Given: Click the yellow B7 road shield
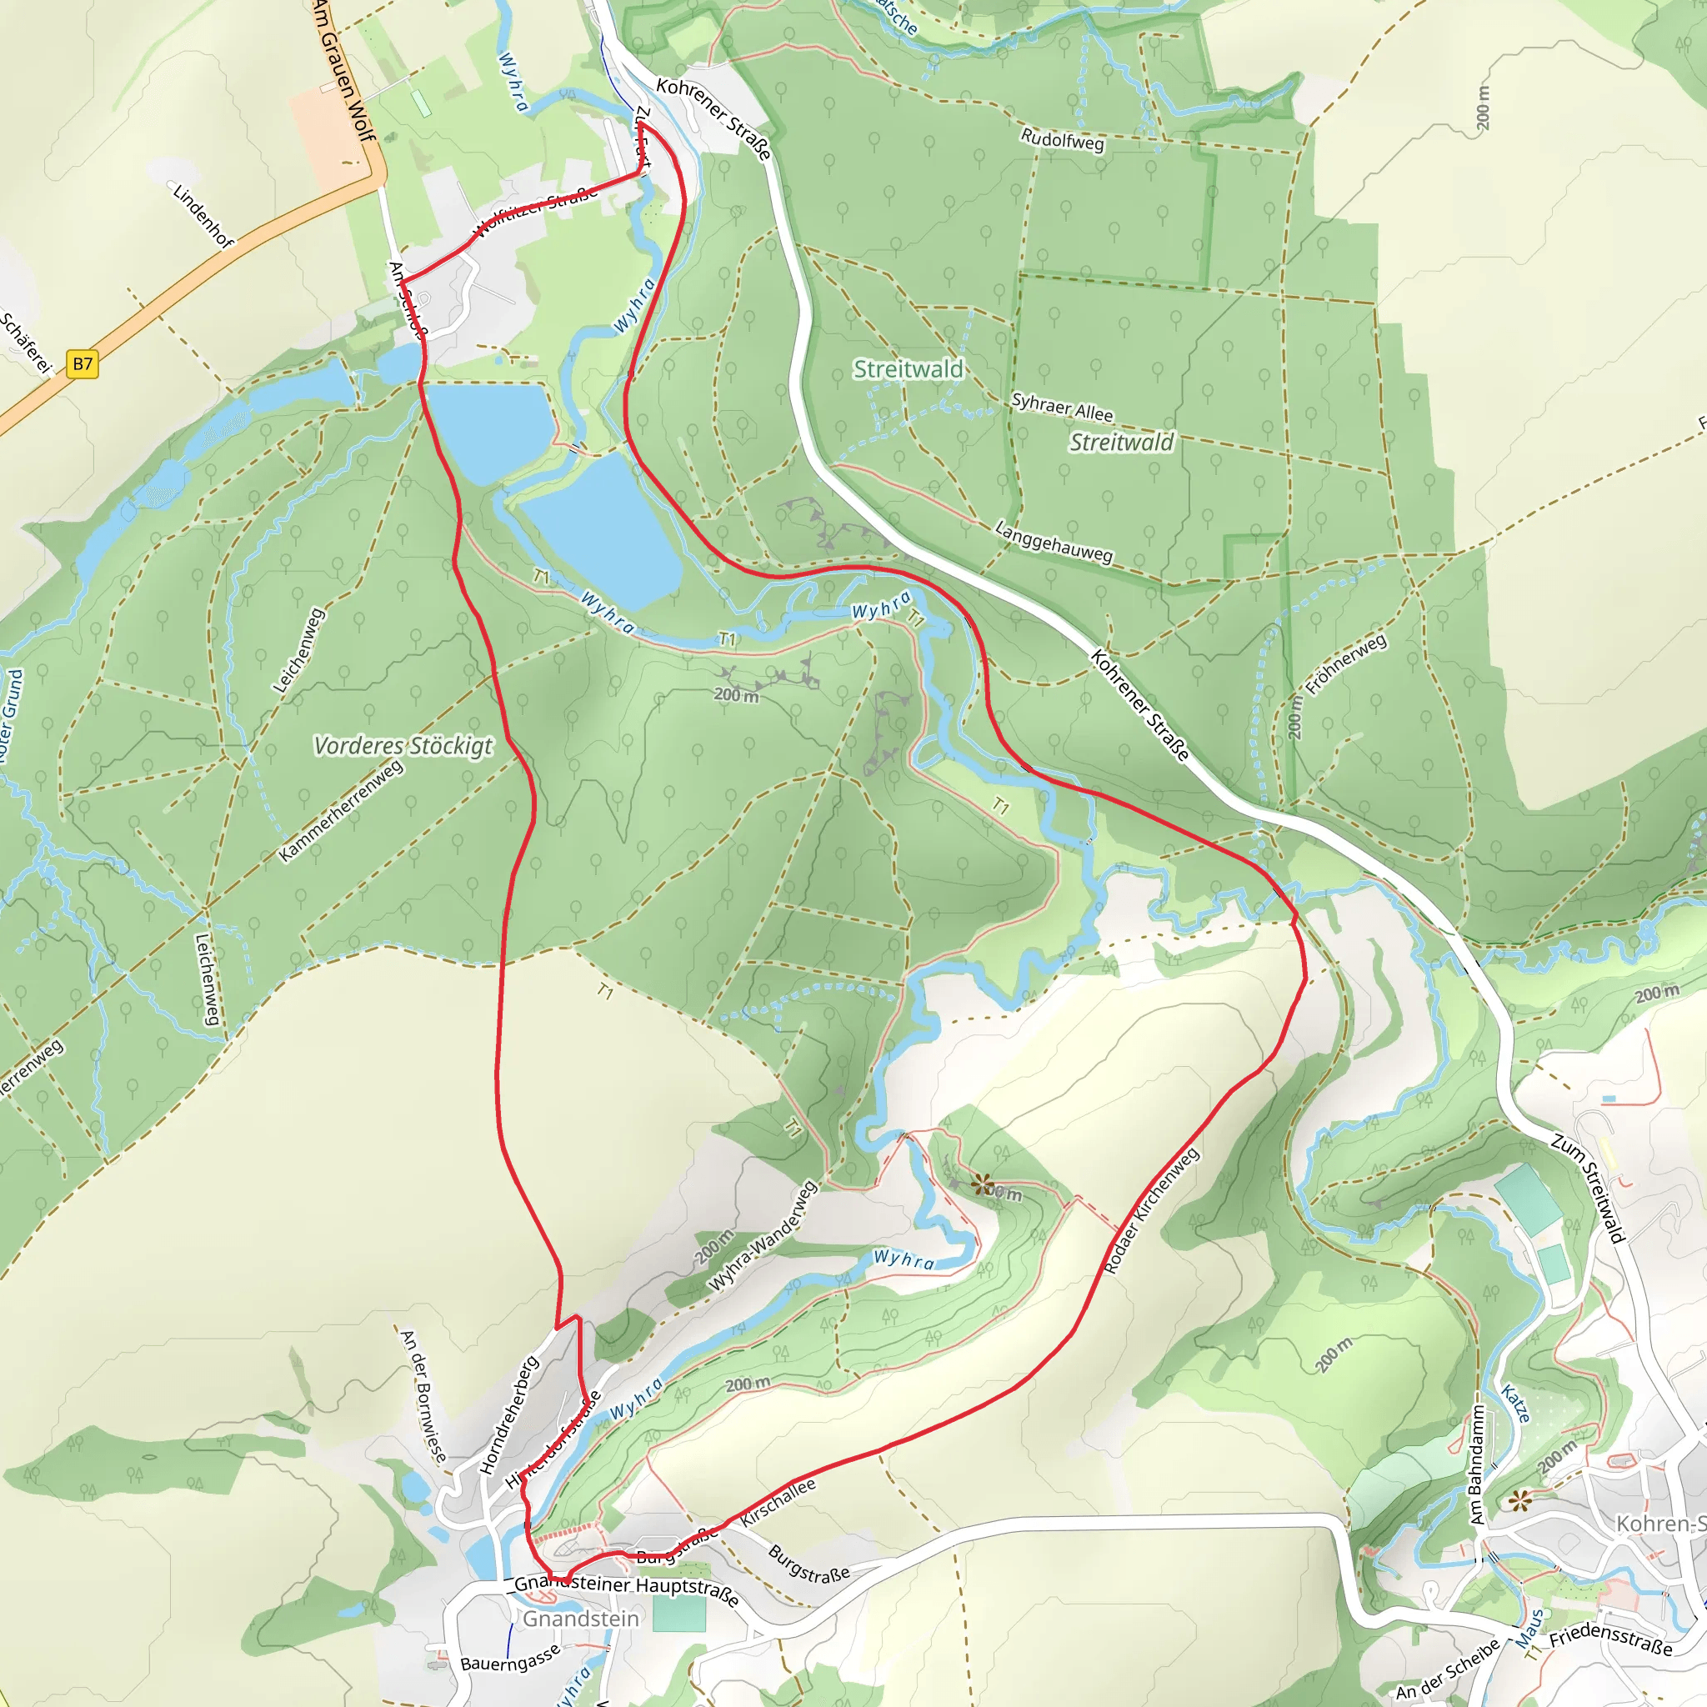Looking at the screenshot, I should click(x=83, y=364).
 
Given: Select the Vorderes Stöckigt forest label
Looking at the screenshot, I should click(x=403, y=746).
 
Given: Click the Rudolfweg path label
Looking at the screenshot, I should click(x=1062, y=139).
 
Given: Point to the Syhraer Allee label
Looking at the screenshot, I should click(x=1062, y=408).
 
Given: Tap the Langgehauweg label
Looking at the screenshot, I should click(x=1054, y=542).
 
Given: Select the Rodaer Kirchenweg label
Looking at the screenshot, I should click(x=1151, y=1210).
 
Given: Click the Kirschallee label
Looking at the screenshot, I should click(x=778, y=1503).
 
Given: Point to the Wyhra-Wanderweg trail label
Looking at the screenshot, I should click(x=763, y=1237).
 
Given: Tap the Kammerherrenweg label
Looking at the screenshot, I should click(x=341, y=811).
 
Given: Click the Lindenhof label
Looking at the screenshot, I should click(x=203, y=217).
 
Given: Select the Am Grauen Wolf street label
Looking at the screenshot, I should click(x=344, y=71).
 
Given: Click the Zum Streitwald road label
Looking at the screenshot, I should click(x=1588, y=1189).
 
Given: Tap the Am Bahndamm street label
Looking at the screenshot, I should click(x=1476, y=1464).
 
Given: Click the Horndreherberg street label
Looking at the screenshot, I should click(x=509, y=1415).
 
